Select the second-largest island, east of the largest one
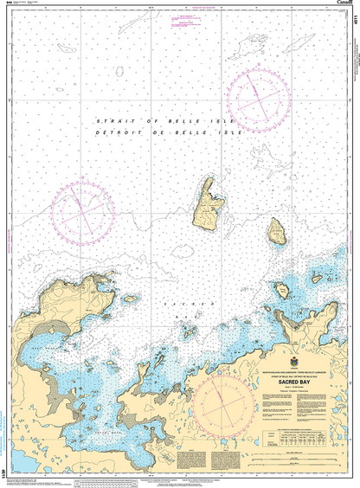pyautogui.click(x=278, y=231)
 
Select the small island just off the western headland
pyautogui.click(x=131, y=299)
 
